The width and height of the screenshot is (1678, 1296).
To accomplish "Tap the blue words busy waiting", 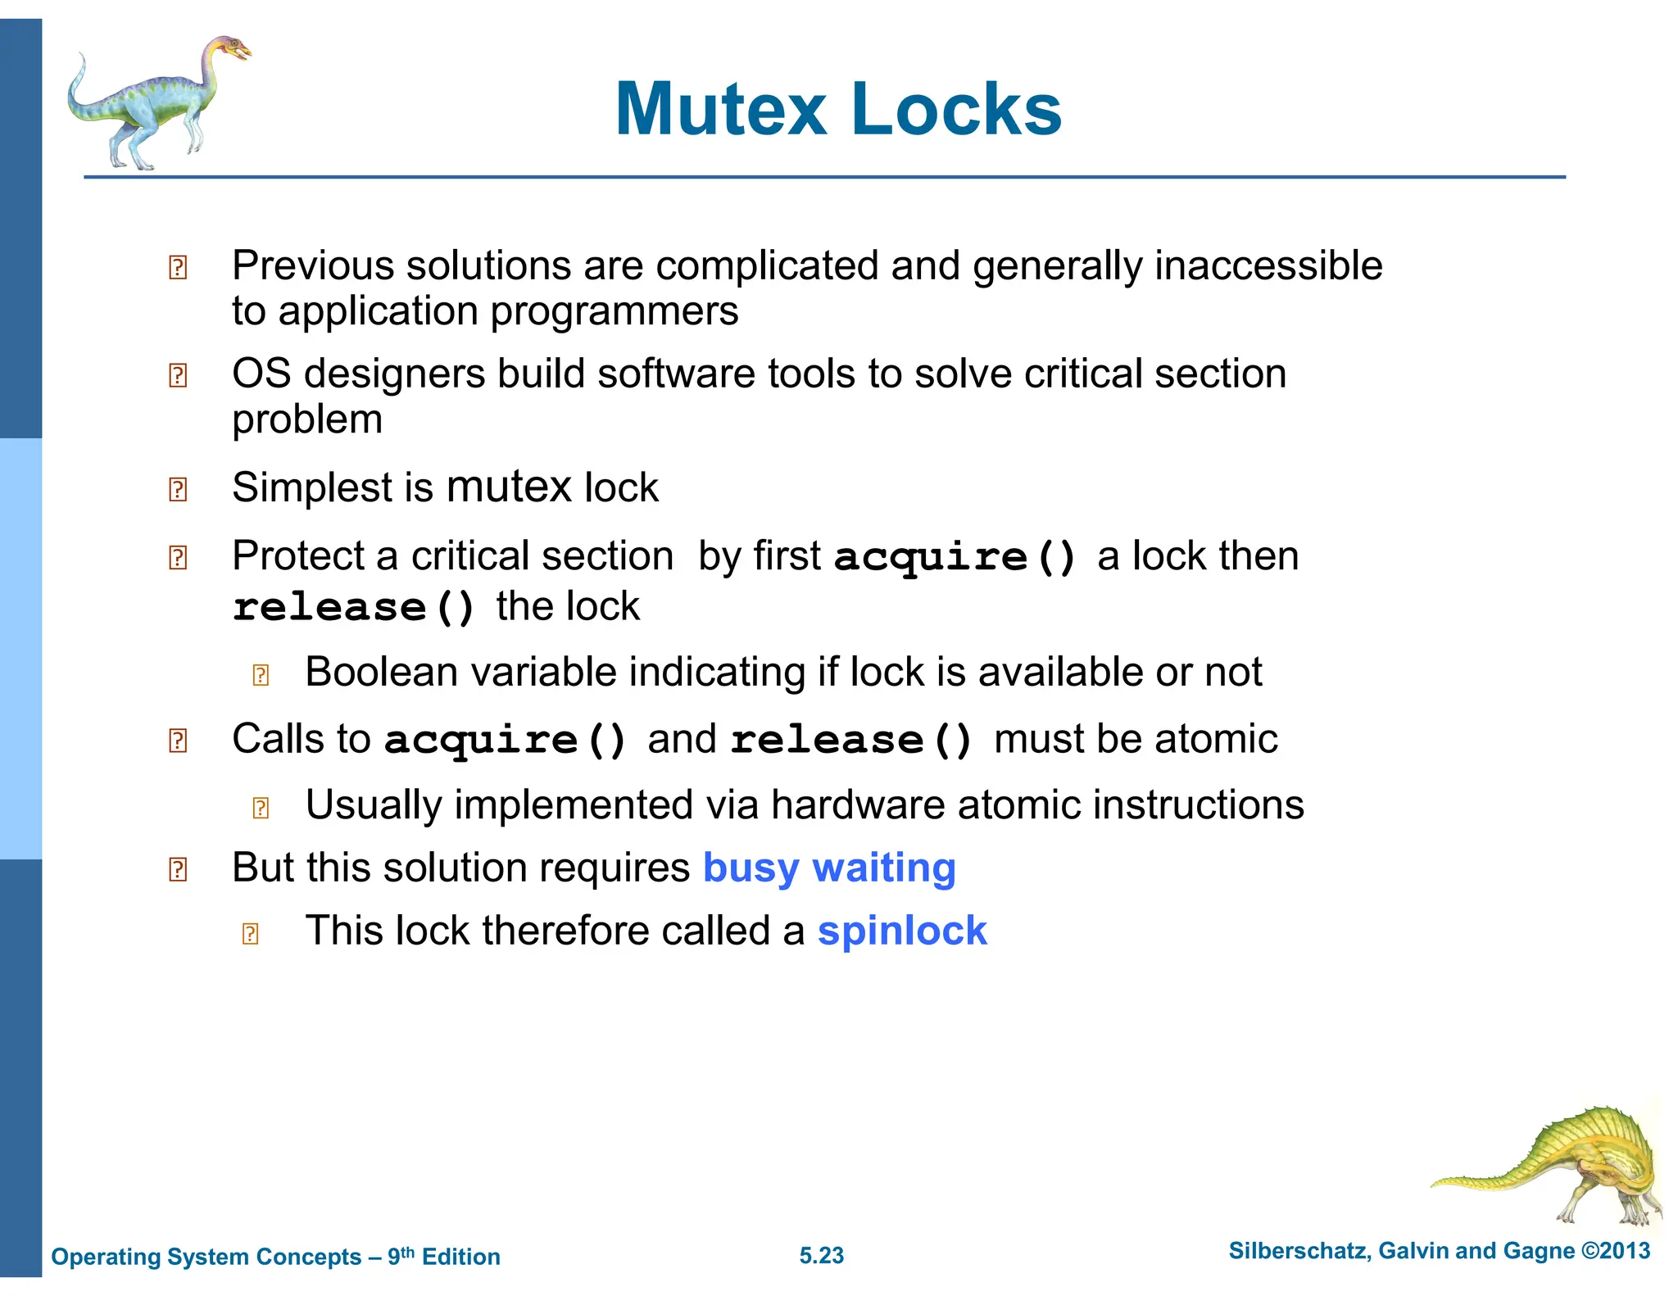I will tap(829, 868).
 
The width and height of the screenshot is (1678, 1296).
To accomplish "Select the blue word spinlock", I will tap(902, 931).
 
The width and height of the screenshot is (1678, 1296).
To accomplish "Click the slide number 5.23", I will tap(821, 1255).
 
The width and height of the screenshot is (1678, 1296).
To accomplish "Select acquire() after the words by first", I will tap(955, 557).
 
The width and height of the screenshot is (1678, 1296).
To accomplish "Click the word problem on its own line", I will tap(307, 419).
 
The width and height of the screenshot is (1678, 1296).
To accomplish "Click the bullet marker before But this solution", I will tap(178, 869).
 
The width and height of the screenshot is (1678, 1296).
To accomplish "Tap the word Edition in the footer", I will tap(460, 1257).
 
